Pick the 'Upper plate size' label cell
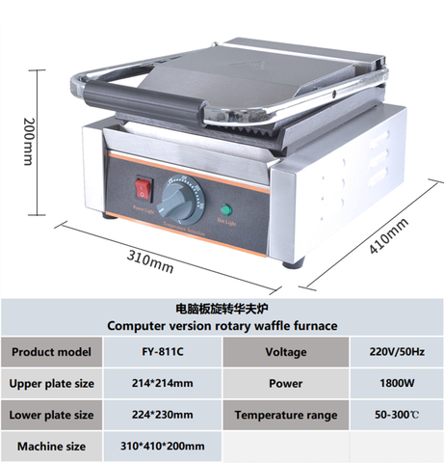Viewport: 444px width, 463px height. coord(51,383)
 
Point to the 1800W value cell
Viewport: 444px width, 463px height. coord(396,383)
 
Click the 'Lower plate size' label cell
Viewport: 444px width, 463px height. coord(51,415)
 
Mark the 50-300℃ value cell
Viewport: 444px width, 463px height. coord(396,415)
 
